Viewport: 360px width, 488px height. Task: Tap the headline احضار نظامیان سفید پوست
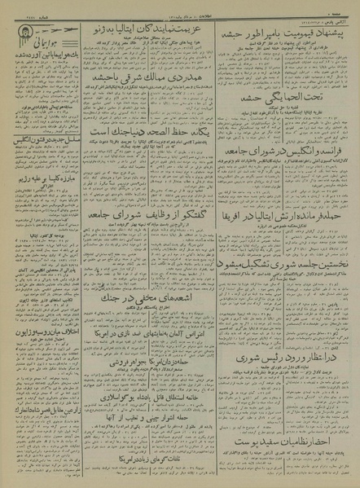pyautogui.click(x=289, y=443)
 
